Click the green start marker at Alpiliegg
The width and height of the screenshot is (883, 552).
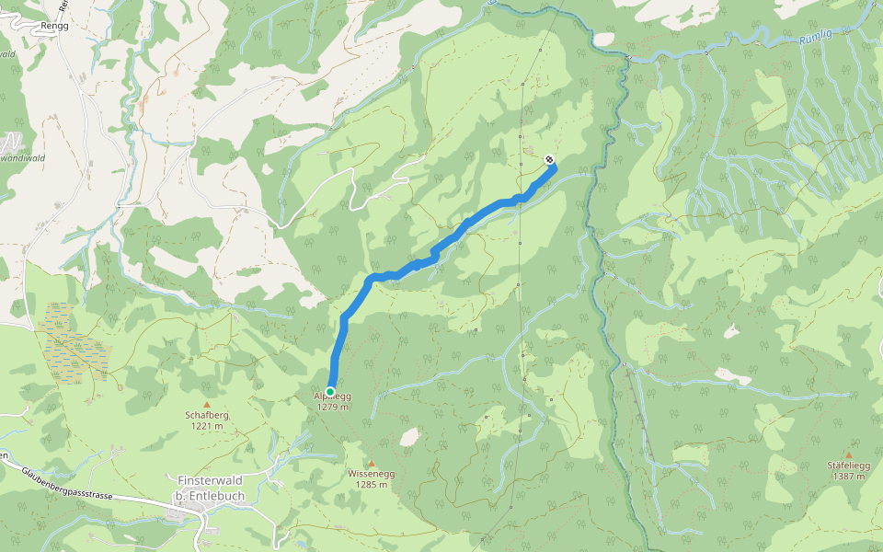pyautogui.click(x=330, y=391)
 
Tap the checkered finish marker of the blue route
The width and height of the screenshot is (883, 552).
pyautogui.click(x=549, y=160)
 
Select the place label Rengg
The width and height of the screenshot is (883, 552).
pyautogui.click(x=54, y=27)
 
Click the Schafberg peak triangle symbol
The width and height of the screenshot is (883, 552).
pyautogui.click(x=206, y=404)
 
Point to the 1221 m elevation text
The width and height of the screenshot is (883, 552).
pyautogui.click(x=206, y=426)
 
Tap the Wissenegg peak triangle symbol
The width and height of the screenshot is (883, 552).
pyautogui.click(x=372, y=463)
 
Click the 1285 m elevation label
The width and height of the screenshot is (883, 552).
pyautogui.click(x=372, y=485)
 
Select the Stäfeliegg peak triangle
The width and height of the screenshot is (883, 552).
pyautogui.click(x=848, y=454)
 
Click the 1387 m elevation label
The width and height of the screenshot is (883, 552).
pyautogui.click(x=848, y=477)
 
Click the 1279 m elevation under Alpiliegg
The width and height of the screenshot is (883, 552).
pyautogui.click(x=333, y=407)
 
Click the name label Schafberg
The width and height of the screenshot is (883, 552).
pyautogui.click(x=206, y=415)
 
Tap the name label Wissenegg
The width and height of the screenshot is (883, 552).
pyautogui.click(x=372, y=474)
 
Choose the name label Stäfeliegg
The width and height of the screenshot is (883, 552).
pyautogui.click(x=848, y=466)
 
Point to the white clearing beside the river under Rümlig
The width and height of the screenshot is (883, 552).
pyautogui.click(x=603, y=40)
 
